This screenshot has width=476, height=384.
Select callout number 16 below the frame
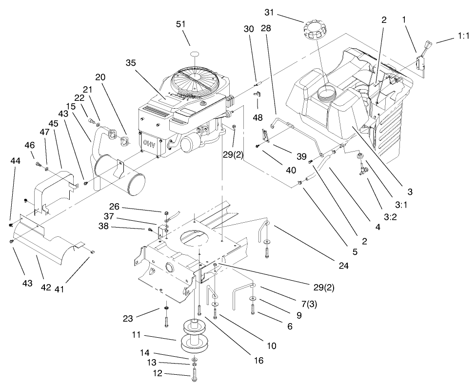257,360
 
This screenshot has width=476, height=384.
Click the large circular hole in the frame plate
194,239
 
